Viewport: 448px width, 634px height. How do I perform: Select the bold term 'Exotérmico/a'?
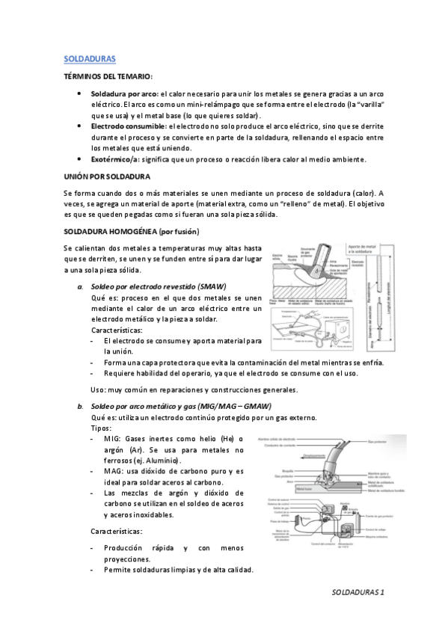[x=114, y=158]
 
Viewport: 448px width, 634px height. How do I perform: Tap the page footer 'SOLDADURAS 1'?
[x=358, y=592]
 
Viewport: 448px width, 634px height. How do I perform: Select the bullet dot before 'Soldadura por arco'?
[x=79, y=96]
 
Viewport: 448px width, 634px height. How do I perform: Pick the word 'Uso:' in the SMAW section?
[x=98, y=389]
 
